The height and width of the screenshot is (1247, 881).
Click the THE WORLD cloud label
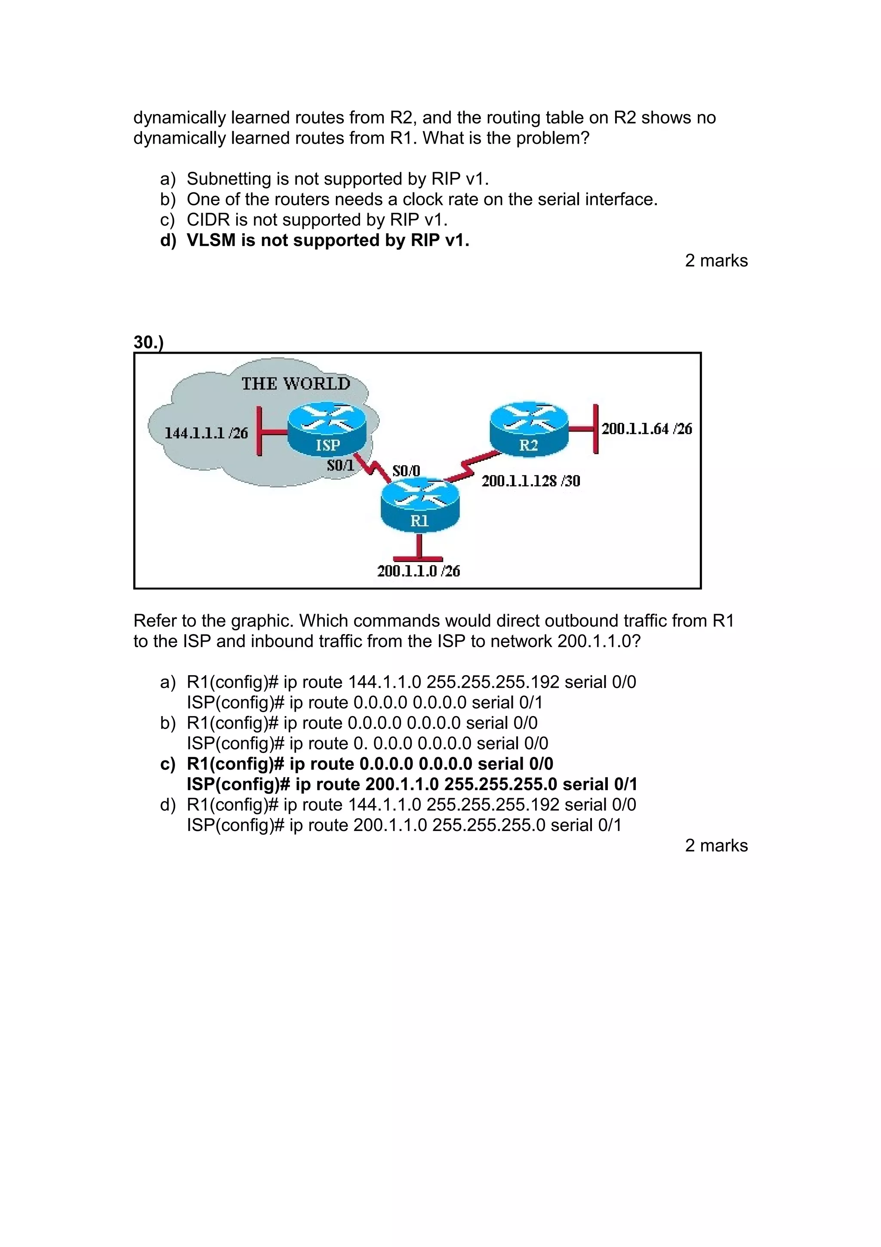296,384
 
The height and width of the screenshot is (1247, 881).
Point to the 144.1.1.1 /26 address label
206,433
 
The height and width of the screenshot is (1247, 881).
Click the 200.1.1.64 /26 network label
647,429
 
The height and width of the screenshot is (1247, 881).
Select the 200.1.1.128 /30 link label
531,481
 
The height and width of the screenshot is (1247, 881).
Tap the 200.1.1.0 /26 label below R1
419,571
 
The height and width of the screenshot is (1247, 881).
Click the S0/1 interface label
340,466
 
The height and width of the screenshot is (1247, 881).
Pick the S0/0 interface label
406,470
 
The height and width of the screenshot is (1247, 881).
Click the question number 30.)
148,342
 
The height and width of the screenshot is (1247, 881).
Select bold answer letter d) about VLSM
168,240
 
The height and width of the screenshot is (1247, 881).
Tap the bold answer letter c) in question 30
168,764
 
